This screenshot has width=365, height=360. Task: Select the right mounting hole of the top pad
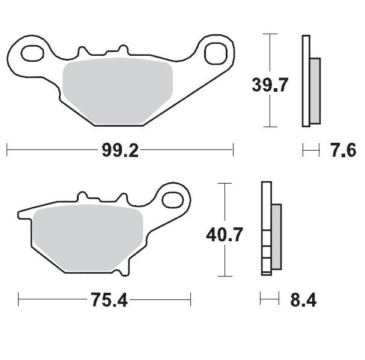214,53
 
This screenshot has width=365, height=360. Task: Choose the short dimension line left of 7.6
311,150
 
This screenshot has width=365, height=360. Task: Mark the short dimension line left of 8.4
270,298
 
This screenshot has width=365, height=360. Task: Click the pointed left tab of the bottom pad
22,214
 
